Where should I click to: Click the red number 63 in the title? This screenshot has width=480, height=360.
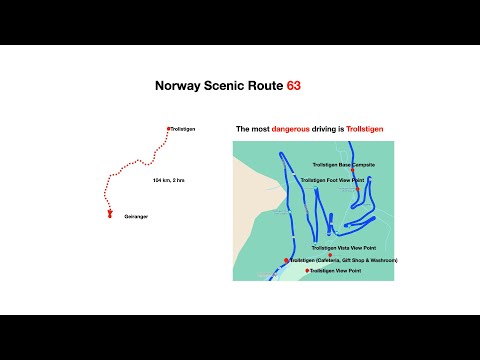(x=293, y=86)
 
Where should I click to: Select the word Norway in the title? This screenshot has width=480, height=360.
(x=178, y=86)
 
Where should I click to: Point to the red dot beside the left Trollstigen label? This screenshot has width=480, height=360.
(x=168, y=128)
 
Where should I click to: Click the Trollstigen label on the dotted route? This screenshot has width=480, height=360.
(x=187, y=129)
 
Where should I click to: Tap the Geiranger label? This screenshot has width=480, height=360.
(x=136, y=216)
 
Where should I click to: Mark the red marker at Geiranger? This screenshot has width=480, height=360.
(x=109, y=212)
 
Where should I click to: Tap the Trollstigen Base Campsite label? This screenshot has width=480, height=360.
(x=343, y=163)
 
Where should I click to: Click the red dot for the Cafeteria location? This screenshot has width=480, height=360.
(x=286, y=260)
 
